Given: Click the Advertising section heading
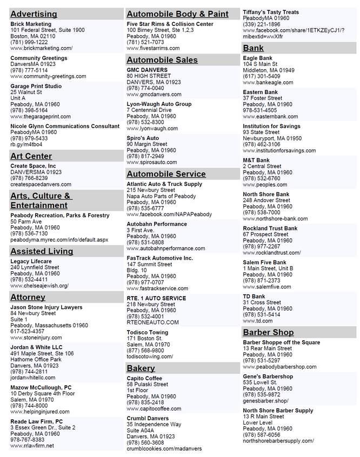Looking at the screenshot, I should point(34,14).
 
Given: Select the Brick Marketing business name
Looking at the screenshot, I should point(31,24).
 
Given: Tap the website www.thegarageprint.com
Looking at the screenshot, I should point(40,116).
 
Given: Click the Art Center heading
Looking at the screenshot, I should point(31,156).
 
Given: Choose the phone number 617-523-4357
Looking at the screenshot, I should point(27,332).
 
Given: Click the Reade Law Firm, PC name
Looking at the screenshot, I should point(36,421).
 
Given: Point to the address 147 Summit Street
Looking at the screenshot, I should point(149,265).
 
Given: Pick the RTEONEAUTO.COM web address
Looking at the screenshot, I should point(152,322).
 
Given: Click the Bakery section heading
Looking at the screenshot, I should point(141,368).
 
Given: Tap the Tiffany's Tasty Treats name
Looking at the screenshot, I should point(271,12).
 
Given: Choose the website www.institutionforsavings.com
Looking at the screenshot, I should point(282,151).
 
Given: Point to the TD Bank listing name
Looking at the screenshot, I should point(254,297).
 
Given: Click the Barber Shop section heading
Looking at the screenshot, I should point(268,332).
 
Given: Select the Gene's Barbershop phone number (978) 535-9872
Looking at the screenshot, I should point(262,394).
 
